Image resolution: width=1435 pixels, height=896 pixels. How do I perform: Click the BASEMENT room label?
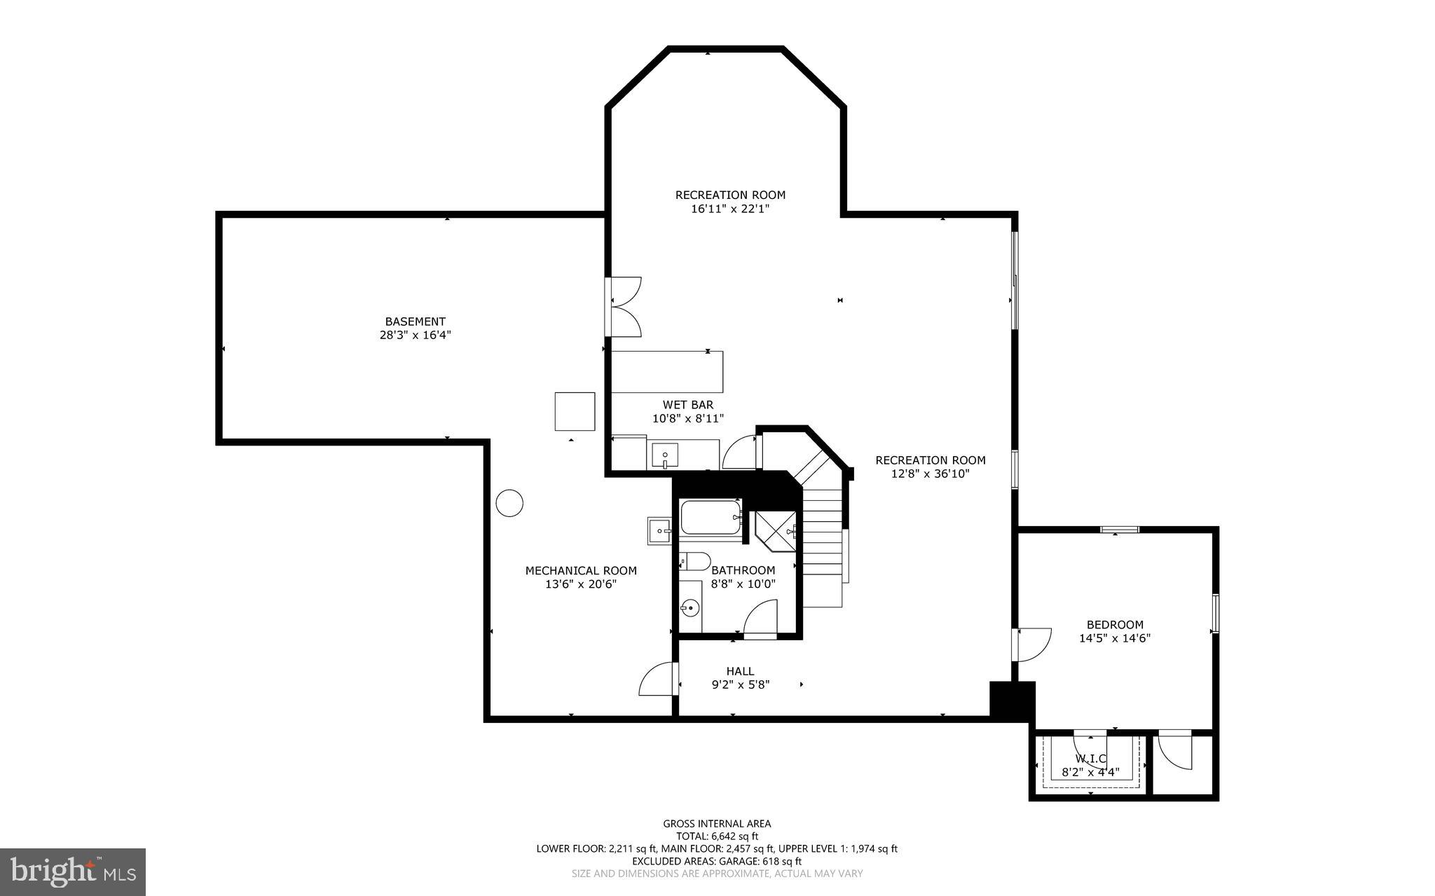click(415, 322)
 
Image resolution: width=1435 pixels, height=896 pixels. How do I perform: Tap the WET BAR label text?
click(687, 405)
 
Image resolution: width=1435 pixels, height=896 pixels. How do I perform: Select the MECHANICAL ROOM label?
click(581, 571)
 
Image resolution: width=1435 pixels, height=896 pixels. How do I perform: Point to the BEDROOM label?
click(1115, 625)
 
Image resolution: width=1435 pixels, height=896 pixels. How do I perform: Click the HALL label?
click(740, 672)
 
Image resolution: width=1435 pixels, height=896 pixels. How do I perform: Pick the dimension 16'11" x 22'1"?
click(730, 208)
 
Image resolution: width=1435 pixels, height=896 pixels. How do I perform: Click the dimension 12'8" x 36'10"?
click(930, 474)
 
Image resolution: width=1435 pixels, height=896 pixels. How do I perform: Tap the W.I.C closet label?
click(1090, 759)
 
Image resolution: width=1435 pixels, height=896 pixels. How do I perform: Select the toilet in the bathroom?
click(695, 561)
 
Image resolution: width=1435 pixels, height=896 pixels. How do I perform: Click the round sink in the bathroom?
click(691, 607)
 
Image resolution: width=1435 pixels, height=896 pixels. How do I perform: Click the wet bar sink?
click(664, 455)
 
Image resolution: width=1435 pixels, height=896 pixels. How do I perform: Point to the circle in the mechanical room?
click(509, 502)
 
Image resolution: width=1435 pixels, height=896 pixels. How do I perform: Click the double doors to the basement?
click(625, 306)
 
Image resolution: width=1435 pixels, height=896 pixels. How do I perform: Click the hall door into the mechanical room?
click(657, 680)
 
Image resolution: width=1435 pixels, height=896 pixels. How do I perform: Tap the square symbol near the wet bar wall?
click(575, 411)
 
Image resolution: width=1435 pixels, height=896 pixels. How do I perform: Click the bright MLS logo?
click(73, 871)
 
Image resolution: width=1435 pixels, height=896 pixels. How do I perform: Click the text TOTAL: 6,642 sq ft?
click(717, 836)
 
